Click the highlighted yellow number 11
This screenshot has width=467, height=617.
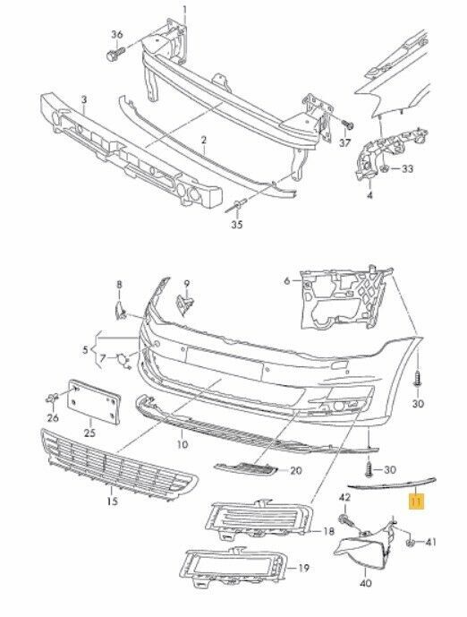pyautogui.click(x=416, y=502)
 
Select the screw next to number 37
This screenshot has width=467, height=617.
pyautogui.click(x=348, y=124)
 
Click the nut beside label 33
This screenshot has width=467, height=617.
pyautogui.click(x=386, y=169)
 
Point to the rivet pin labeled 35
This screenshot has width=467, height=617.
pyautogui.click(x=236, y=206)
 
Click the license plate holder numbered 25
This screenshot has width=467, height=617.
pyautogui.click(x=94, y=401)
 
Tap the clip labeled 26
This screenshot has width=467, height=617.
pyautogui.click(x=52, y=399)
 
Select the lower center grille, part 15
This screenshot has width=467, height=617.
pyautogui.click(x=118, y=465)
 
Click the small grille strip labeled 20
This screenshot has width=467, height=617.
pyautogui.click(x=246, y=467)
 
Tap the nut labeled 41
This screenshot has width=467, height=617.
pyautogui.click(x=410, y=544)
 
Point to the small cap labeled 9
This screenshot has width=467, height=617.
pyautogui.click(x=184, y=304)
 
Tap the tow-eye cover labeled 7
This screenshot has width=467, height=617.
pyautogui.click(x=123, y=361)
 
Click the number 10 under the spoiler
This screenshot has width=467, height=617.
pyautogui.click(x=183, y=444)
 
